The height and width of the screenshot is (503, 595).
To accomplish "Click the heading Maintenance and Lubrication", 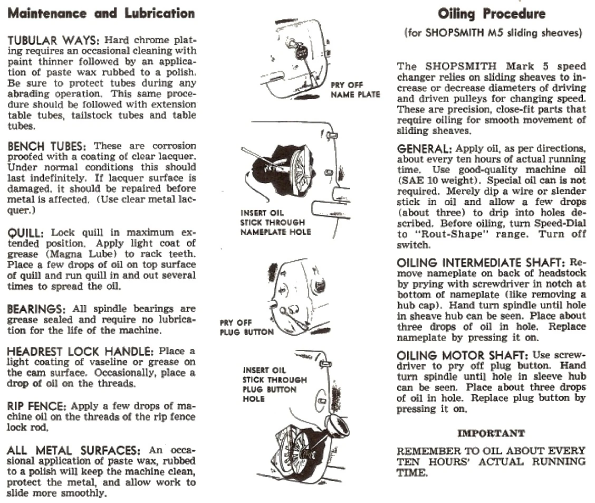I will (101, 13).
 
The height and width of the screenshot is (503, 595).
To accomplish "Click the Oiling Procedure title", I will (492, 14).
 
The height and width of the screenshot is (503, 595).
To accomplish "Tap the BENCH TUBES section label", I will (49, 146).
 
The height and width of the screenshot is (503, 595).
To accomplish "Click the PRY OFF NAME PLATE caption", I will (355, 90).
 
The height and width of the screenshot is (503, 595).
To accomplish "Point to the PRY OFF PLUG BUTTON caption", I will (246, 327).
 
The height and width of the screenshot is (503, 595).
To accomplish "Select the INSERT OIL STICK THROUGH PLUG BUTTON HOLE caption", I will (274, 384).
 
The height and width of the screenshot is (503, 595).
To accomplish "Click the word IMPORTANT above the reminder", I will (491, 433).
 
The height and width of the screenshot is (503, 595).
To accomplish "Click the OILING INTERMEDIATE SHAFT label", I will (481, 262).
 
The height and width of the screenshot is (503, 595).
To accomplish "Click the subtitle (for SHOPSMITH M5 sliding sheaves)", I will (493, 33).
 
